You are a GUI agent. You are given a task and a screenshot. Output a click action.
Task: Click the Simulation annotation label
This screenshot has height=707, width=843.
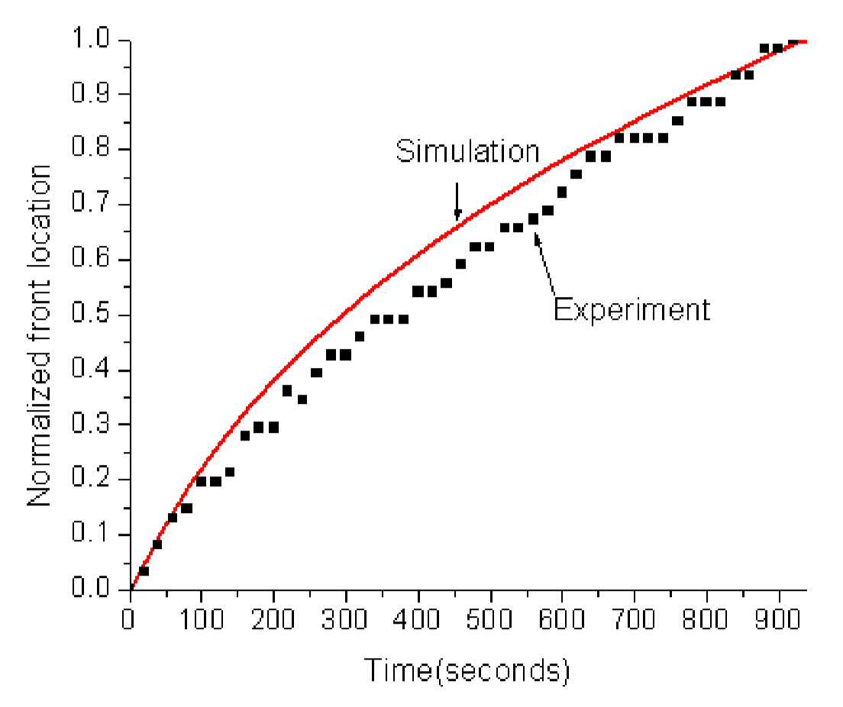click(x=467, y=151)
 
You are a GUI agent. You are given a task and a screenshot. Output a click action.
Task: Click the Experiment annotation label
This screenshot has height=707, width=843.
click(x=631, y=309)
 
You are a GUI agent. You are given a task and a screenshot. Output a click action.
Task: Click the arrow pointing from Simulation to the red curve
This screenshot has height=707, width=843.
click(x=457, y=200)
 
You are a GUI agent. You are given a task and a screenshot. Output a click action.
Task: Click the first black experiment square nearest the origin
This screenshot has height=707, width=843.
click(x=144, y=570)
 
